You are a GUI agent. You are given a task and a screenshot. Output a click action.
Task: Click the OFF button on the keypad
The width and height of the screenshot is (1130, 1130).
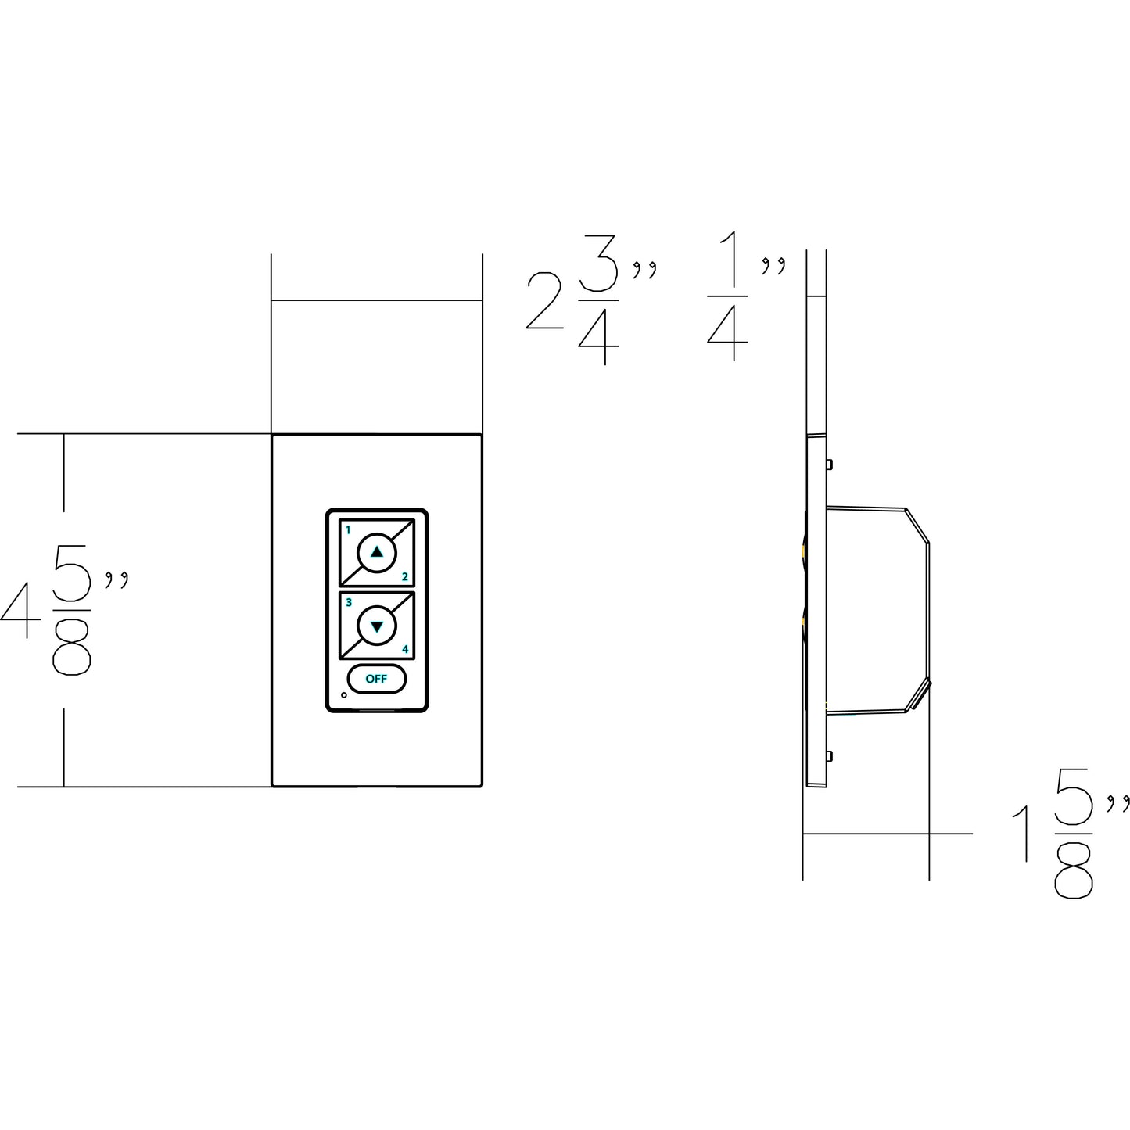coord(376,679)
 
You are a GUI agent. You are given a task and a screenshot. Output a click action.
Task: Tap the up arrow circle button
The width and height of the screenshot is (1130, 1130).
coord(376,552)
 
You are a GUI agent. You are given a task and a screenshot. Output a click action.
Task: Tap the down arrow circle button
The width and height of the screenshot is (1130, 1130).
coord(376,626)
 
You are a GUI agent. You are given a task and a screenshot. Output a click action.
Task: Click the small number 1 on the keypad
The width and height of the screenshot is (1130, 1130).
coord(348,530)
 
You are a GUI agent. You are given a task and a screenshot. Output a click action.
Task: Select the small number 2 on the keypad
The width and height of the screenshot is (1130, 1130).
coord(404,577)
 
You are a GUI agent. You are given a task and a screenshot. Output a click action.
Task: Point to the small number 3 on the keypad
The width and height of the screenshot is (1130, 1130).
coord(349,603)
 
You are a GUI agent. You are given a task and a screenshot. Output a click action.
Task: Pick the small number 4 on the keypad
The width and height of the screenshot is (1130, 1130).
coord(405,649)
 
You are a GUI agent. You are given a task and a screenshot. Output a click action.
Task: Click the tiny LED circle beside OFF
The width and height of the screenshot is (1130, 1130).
coord(343,695)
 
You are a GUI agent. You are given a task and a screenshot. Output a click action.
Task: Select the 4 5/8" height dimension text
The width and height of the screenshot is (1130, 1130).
coord(64,610)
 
